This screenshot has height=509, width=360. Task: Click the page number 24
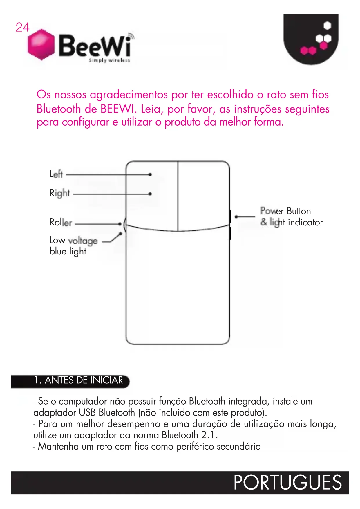(22, 28)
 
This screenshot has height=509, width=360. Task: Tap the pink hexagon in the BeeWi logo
(41, 44)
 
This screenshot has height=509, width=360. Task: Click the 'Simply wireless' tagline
(109, 60)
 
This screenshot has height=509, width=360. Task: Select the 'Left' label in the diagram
(56, 174)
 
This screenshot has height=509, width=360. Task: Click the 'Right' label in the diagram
(60, 193)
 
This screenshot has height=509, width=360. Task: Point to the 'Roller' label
(61, 223)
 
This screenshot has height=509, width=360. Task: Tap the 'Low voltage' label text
(73, 241)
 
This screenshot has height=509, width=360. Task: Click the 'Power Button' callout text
(285, 211)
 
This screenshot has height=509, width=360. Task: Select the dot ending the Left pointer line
(150, 174)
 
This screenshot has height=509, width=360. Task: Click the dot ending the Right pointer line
(150, 194)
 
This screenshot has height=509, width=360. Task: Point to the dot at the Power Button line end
(236, 216)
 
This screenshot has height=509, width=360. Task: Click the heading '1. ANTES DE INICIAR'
(78, 380)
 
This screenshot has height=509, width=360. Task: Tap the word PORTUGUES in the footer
(287, 482)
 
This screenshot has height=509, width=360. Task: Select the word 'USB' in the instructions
(87, 412)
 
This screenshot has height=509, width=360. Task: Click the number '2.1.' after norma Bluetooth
(209, 435)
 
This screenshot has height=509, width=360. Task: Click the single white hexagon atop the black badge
(327, 26)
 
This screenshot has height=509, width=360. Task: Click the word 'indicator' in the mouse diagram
(305, 222)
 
